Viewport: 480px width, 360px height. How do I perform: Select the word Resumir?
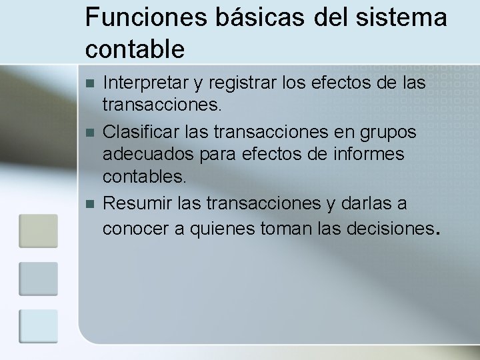coord(133,203)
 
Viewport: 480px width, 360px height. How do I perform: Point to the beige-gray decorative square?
coord(38,230)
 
